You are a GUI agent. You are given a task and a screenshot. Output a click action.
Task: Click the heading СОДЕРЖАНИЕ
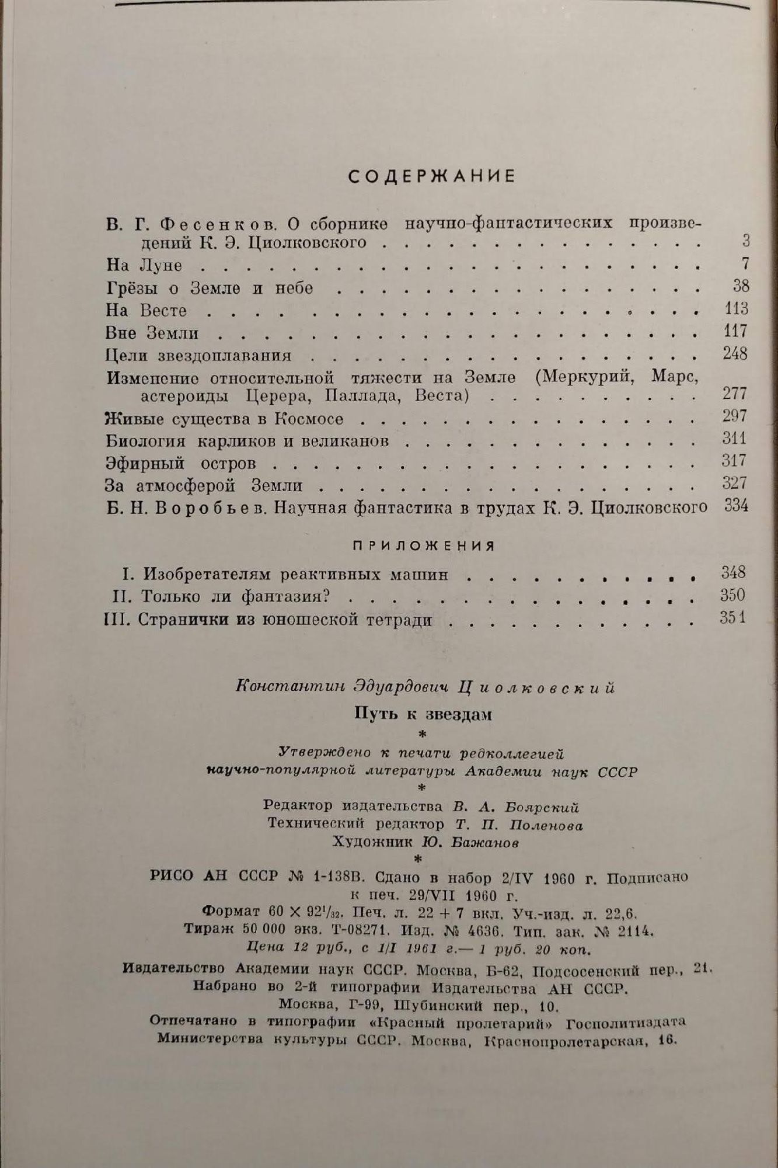(432, 176)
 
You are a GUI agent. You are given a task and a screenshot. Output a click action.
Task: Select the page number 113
(734, 308)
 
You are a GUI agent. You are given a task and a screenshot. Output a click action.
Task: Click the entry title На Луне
(144, 265)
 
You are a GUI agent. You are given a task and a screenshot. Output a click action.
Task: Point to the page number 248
(734, 354)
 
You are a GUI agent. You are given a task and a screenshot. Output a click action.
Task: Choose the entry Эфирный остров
(180, 464)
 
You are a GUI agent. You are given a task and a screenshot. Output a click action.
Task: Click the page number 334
(736, 506)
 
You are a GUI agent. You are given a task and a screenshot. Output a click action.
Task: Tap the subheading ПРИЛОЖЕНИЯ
(424, 546)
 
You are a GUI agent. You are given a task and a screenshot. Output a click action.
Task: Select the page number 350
(732, 595)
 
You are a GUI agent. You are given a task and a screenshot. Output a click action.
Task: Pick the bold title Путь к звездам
(424, 714)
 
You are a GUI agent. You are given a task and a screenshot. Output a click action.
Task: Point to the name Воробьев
(208, 508)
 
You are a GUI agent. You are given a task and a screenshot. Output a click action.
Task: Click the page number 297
(734, 416)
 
